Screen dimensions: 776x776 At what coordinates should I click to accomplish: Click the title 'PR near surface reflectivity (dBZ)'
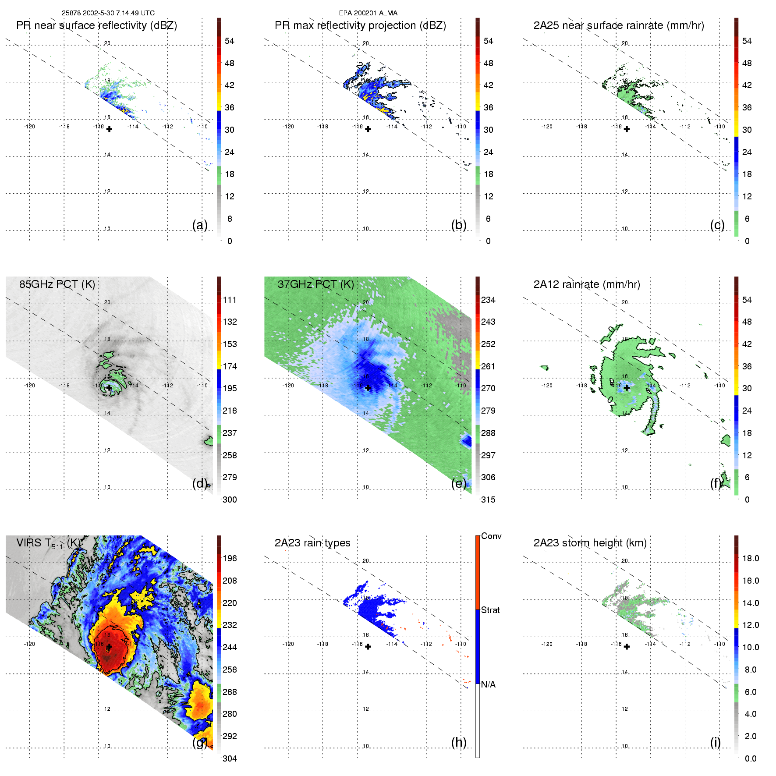click(x=96, y=25)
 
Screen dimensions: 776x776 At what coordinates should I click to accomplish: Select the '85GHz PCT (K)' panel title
click(x=57, y=284)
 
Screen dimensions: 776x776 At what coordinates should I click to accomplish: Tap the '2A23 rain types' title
click(x=312, y=543)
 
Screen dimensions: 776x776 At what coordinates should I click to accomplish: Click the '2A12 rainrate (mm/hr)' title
click(x=586, y=284)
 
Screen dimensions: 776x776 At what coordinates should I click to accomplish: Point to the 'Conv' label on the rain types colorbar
click(x=491, y=536)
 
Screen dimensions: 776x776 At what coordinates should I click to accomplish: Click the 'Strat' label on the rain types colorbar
click(x=490, y=610)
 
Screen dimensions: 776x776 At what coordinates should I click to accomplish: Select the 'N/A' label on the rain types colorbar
click(x=488, y=684)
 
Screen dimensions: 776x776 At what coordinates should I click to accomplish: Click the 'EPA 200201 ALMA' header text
click(x=368, y=13)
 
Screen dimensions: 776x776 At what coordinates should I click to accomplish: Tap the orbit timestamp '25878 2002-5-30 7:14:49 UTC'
click(x=108, y=13)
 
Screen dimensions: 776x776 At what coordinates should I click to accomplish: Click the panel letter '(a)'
click(x=200, y=225)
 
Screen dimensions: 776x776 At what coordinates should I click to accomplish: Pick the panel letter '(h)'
click(x=459, y=742)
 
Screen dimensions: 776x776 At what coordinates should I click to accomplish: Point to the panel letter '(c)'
click(x=717, y=225)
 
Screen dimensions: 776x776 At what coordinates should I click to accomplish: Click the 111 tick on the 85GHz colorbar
click(x=230, y=300)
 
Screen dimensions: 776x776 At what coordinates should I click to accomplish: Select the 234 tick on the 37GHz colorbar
click(x=488, y=300)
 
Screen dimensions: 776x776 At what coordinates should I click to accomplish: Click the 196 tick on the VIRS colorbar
click(x=230, y=558)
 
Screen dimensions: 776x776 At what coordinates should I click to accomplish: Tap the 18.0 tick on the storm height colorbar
click(x=750, y=558)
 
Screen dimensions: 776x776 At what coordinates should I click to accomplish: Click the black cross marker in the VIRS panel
click(x=109, y=647)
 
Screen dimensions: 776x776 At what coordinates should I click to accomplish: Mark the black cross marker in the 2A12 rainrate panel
click(x=627, y=388)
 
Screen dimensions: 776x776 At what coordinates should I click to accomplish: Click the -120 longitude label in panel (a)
click(x=29, y=127)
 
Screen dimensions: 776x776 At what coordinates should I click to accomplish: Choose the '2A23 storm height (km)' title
click(x=590, y=543)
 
